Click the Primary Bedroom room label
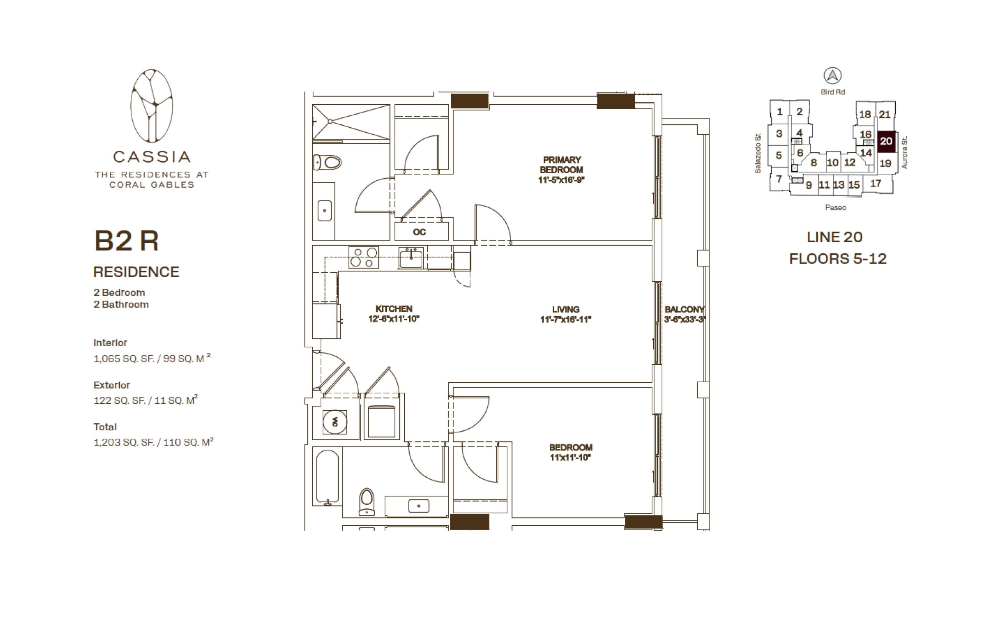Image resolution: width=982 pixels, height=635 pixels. (561, 165)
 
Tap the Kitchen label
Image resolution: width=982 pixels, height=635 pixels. (394, 308)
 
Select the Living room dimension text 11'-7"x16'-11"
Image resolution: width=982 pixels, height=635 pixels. (565, 319)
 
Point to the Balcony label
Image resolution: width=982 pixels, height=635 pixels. (684, 309)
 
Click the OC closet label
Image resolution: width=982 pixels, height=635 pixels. (419, 232)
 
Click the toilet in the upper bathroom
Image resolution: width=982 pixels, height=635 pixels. (328, 162)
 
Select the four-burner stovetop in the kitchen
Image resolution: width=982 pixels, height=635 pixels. (363, 257)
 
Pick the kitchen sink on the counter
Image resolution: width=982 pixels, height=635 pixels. (411, 258)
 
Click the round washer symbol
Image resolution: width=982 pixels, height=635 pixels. (334, 422)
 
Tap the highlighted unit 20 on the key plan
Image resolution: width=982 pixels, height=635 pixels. (886, 141)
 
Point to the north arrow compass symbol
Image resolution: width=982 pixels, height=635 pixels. (833, 76)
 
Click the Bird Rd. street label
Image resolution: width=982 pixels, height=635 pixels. (834, 92)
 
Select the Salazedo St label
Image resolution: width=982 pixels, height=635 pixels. (758, 153)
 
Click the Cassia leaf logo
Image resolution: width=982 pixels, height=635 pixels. (152, 105)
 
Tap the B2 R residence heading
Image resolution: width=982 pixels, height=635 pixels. (126, 240)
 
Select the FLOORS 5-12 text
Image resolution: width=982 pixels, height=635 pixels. (838, 258)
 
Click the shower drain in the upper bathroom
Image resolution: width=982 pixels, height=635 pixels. (330, 121)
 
